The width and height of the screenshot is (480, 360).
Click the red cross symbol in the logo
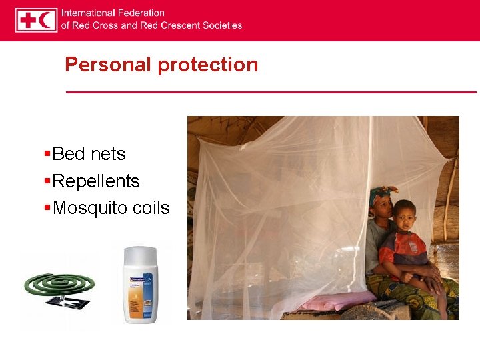[x=27, y=20]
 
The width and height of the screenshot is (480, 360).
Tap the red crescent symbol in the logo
[x=47, y=20]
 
